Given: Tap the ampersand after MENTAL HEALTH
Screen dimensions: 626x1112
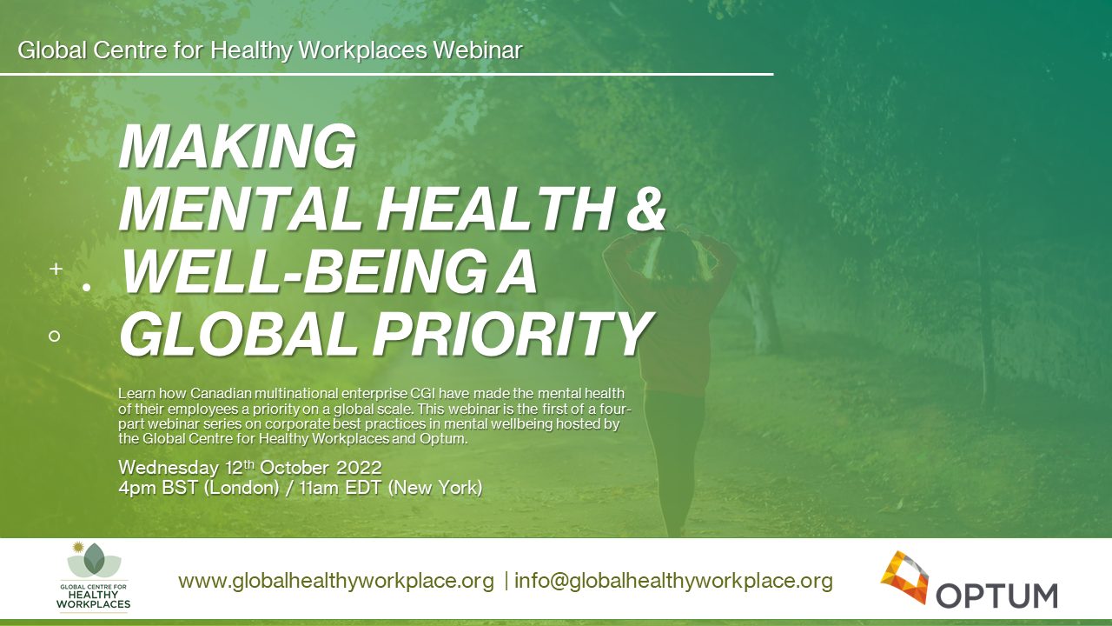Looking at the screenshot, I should [645, 210].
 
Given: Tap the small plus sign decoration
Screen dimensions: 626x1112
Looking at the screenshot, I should [56, 270].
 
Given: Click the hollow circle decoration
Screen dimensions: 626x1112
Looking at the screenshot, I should [55, 335].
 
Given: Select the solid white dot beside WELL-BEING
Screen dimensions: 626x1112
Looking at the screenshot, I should [87, 286].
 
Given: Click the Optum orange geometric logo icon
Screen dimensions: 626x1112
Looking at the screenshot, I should [904, 576].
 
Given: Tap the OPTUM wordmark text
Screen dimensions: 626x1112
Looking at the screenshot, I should [996, 596].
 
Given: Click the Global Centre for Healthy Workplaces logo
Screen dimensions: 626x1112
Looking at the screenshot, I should [95, 576].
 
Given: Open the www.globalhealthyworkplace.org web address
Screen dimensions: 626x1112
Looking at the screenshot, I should [336, 581].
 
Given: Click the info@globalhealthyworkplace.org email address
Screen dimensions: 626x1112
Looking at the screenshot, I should [673, 581].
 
